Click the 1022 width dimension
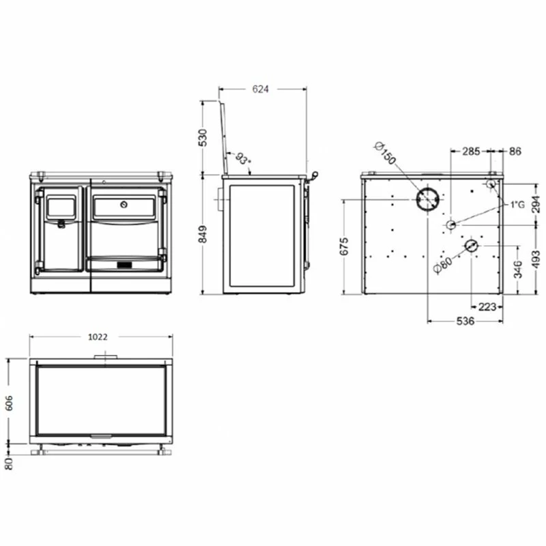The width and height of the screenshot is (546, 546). coord(98,336)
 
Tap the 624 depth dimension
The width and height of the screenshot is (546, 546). coord(261,89)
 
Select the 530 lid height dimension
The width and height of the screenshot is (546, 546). coord(202,138)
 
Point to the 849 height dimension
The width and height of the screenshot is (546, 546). coord(202,234)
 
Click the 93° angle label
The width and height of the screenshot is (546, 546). coord(243,159)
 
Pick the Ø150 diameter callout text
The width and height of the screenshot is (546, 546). coord(386,153)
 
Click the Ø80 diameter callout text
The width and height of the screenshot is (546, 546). coord(443,265)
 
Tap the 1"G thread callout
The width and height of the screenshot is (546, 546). coord(517,205)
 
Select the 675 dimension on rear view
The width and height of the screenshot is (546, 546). coord(344,246)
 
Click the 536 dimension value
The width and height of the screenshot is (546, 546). coord(465,321)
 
